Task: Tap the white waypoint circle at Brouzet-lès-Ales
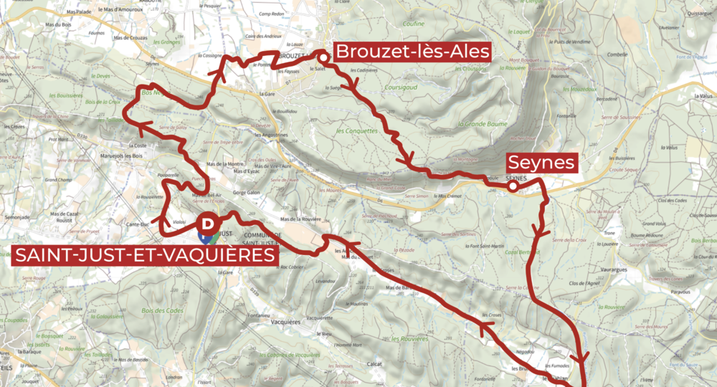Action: tap(323, 57)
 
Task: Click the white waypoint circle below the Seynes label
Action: tap(513, 187)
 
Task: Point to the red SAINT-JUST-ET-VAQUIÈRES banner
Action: tap(143, 256)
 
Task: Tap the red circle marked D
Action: tap(206, 224)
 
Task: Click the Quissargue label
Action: tap(698, 12)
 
